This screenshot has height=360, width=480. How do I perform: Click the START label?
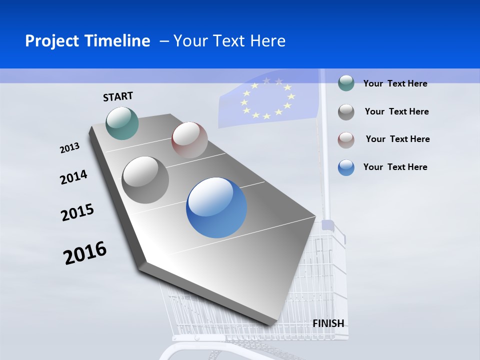click(x=118, y=96)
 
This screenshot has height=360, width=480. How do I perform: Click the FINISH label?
click(x=328, y=323)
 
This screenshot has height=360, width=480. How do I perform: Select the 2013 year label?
click(x=69, y=148)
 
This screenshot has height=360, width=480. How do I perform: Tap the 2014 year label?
click(x=73, y=177)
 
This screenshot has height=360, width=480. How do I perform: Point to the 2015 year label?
click(x=77, y=212)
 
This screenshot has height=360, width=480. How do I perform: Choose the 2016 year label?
click(x=85, y=253)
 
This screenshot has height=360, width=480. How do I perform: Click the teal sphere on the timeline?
click(x=122, y=123)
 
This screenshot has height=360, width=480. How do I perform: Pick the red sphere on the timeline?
click(x=189, y=140)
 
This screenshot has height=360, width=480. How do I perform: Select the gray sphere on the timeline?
click(x=145, y=180)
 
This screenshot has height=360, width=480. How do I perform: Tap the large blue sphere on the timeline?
click(x=216, y=207)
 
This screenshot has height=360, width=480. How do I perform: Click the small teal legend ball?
click(x=346, y=83)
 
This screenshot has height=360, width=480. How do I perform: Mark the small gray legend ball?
click(x=346, y=111)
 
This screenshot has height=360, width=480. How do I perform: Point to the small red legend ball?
click(x=346, y=139)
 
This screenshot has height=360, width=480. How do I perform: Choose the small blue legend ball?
click(x=346, y=167)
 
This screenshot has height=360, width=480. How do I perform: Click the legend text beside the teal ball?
click(x=395, y=83)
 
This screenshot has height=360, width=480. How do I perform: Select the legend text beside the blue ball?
click(x=395, y=167)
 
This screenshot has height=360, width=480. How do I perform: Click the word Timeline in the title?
click(x=118, y=41)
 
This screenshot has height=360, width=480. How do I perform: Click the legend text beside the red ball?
click(x=397, y=139)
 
